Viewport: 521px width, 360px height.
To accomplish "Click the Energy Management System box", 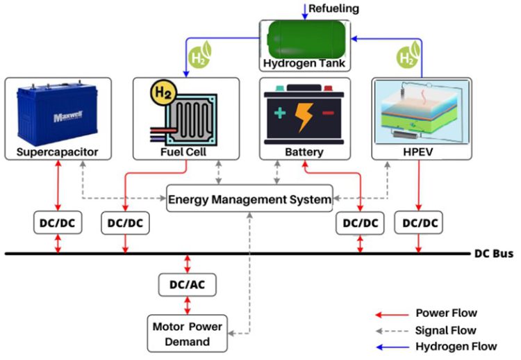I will (250, 199).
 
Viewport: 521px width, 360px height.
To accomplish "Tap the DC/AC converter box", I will (187, 284).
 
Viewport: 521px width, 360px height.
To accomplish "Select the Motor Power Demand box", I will (187, 333).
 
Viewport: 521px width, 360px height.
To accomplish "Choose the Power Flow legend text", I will (445, 313).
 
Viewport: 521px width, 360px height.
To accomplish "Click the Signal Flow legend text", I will (445, 329).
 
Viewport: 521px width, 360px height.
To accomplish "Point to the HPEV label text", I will (417, 151).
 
